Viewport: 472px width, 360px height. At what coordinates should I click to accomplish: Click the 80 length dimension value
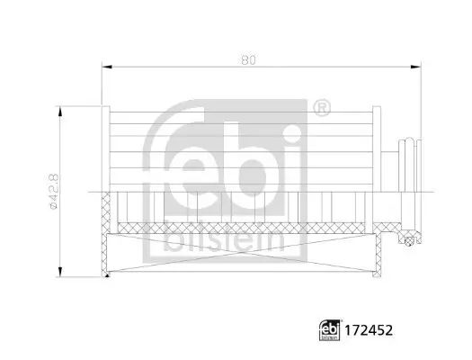click(x=249, y=60)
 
